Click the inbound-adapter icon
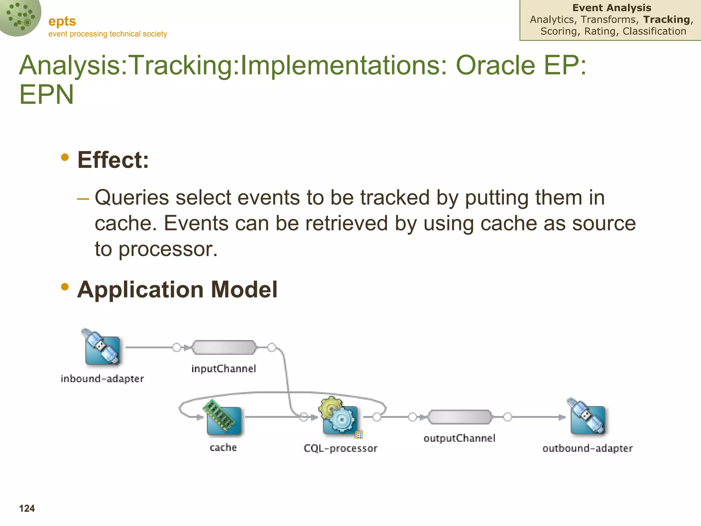click(102, 348)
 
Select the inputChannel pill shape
click(224, 348)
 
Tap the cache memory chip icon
click(223, 418)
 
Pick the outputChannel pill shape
click(460, 417)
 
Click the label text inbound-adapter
click(102, 379)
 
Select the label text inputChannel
click(224, 369)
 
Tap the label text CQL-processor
click(340, 448)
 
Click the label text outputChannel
click(459, 438)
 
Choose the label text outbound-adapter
click(587, 448)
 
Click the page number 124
click(27, 509)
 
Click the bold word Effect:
click(113, 160)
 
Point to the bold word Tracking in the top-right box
click(666, 20)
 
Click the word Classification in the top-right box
click(654, 31)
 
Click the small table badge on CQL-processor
click(359, 435)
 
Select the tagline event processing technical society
click(107, 34)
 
